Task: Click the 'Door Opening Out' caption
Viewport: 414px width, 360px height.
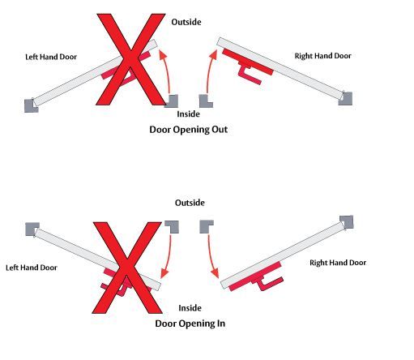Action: click(189, 130)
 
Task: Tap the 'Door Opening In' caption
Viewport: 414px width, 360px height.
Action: click(190, 324)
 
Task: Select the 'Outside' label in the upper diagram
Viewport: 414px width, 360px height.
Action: click(186, 22)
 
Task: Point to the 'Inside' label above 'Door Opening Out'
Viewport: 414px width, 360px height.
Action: click(188, 114)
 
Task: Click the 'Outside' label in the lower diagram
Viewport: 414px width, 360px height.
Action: click(190, 203)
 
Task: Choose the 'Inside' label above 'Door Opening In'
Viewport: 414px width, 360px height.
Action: click(190, 308)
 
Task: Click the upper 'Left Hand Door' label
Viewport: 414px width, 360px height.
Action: click(51, 57)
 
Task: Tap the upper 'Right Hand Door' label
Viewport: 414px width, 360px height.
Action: click(323, 56)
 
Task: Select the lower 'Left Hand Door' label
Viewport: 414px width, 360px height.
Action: click(32, 268)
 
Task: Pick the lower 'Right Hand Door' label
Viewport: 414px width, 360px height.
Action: click(338, 263)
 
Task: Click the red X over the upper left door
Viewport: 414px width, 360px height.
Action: click(130, 59)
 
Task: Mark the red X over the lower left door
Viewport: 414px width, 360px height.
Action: click(127, 268)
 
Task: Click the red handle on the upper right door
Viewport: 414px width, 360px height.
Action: click(247, 64)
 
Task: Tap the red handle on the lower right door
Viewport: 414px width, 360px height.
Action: click(257, 277)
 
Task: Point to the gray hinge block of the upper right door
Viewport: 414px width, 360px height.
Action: click(346, 99)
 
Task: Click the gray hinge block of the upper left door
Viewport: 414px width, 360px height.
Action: click(32, 105)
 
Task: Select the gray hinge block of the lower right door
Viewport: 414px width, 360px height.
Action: click(347, 222)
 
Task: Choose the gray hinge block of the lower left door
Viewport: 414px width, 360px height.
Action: click(32, 229)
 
